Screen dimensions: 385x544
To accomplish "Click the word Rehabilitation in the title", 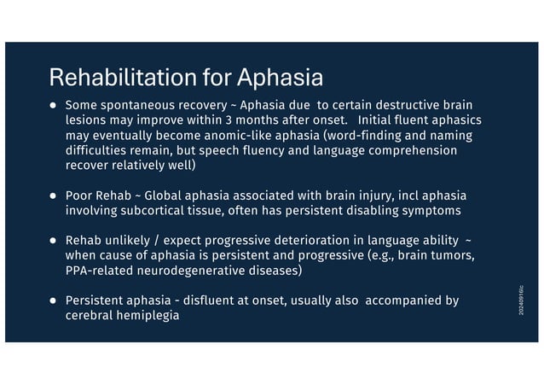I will [x=124, y=79].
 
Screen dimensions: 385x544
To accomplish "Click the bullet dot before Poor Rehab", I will [x=53, y=195].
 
